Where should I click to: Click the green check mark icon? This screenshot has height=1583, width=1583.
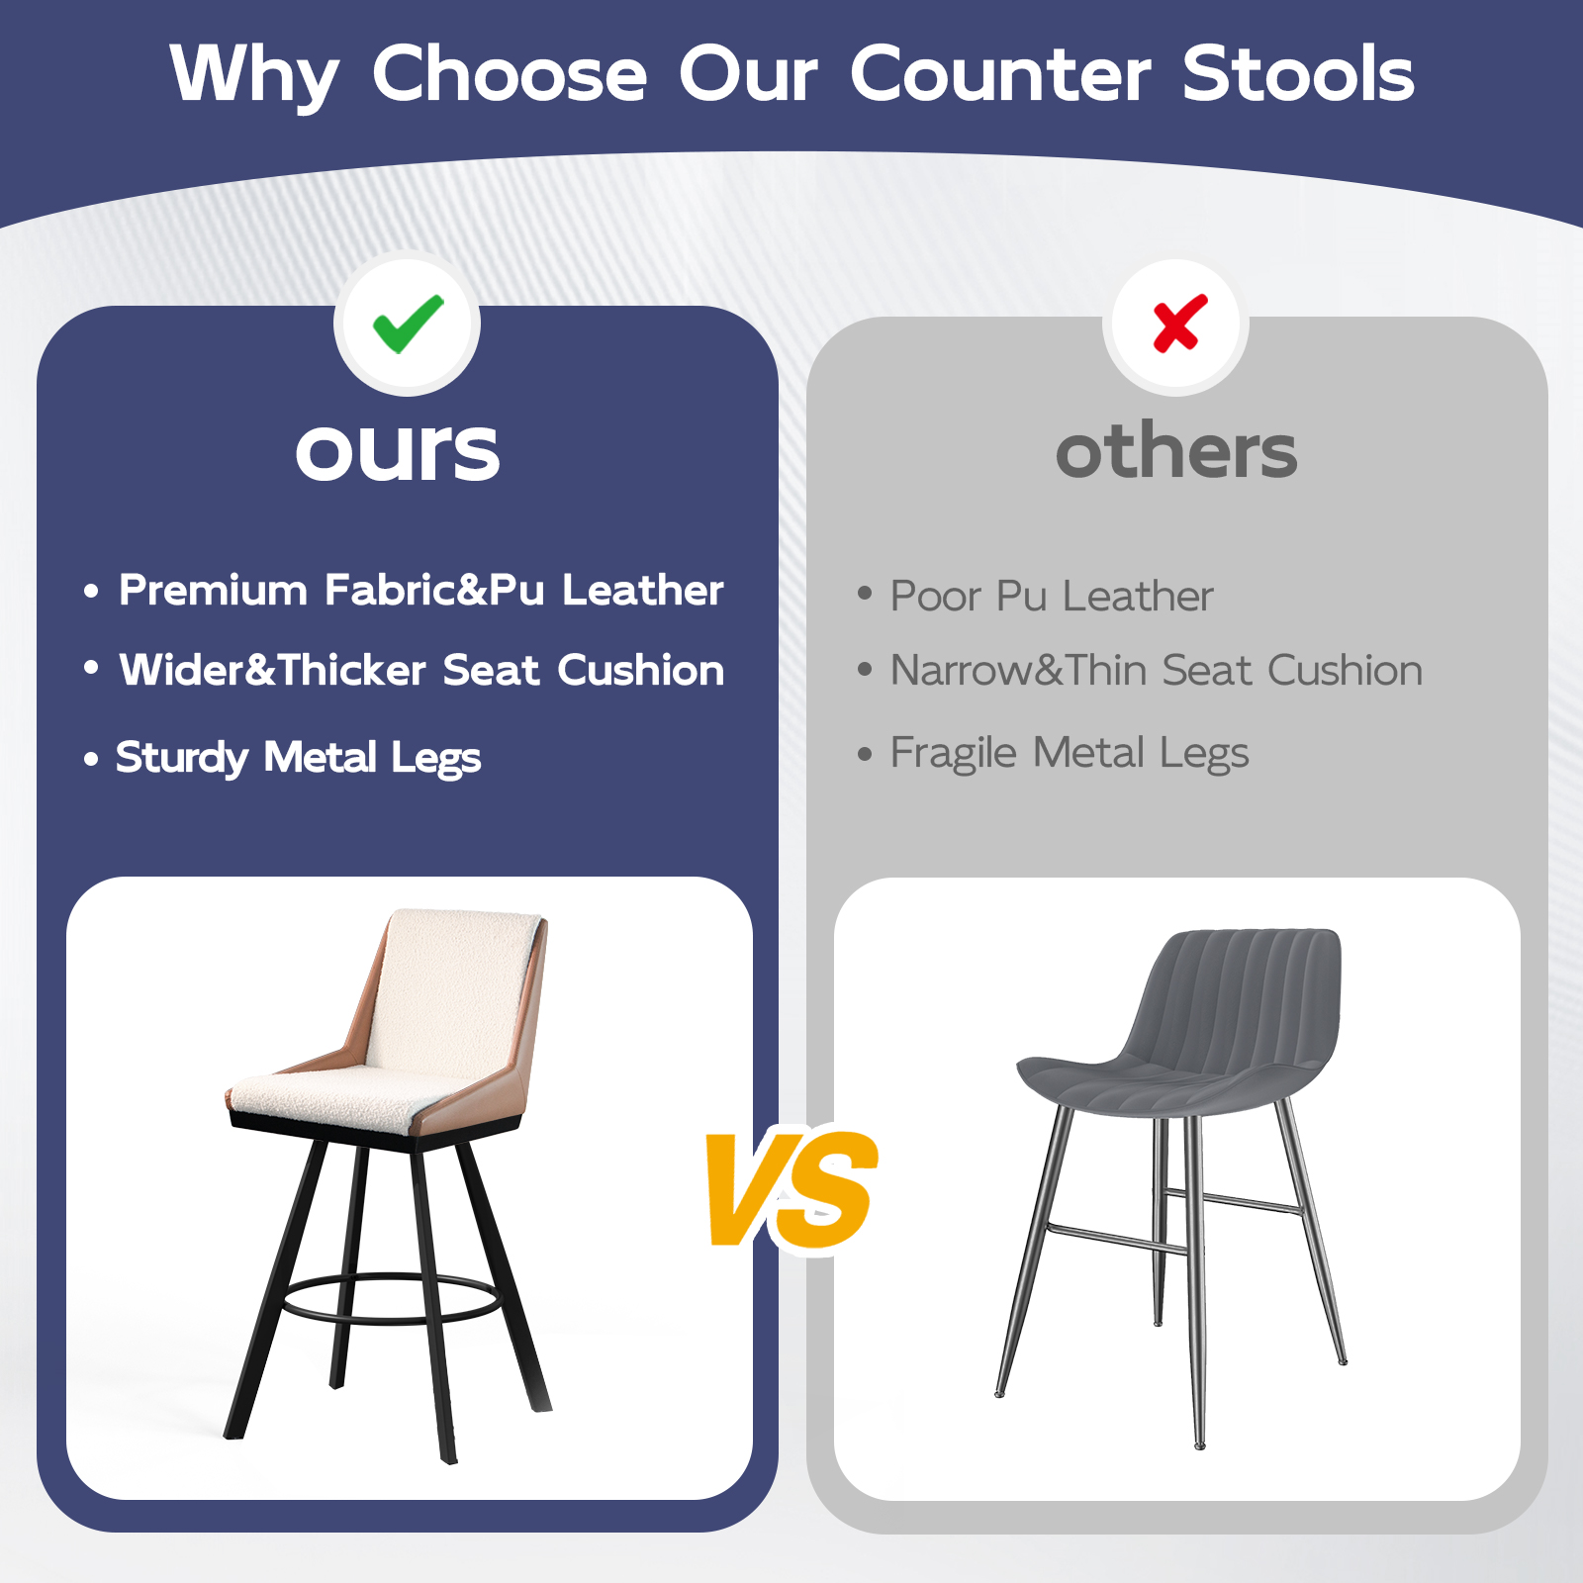tap(408, 323)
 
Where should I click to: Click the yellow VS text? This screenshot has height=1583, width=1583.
tap(791, 1190)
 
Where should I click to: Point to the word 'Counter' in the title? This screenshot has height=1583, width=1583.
tap(999, 74)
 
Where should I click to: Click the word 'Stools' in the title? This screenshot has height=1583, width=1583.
tap(1298, 74)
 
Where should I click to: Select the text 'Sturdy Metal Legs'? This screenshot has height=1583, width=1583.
tap(299, 758)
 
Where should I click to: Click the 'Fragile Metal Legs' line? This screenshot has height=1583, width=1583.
tap(1070, 753)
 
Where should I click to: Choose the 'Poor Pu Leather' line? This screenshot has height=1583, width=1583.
tap(1052, 596)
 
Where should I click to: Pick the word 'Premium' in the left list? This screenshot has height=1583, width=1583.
tap(214, 591)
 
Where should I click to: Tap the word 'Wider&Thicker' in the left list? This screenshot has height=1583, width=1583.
tap(273, 671)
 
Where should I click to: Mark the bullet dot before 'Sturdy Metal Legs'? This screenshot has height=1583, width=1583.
tap(92, 760)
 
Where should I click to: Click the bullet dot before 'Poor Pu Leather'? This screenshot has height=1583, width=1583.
tap(865, 594)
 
